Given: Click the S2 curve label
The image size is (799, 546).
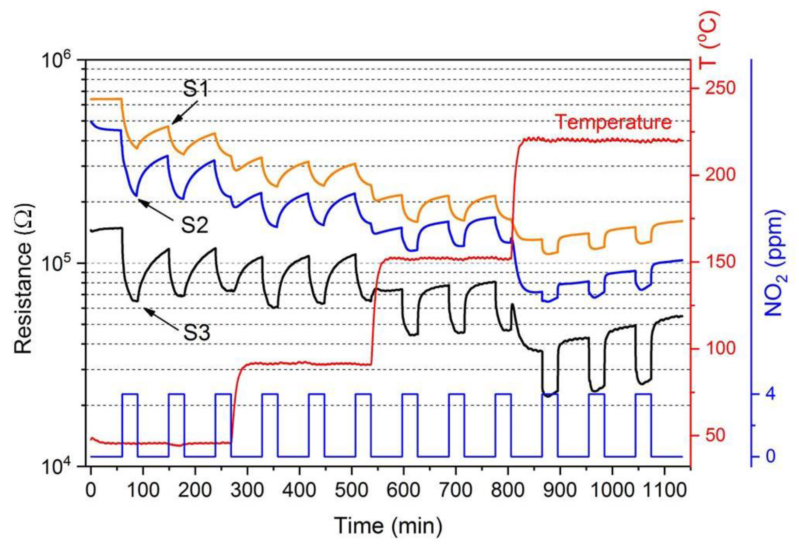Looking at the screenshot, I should [x=195, y=226].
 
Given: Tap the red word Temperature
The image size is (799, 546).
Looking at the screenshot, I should [x=613, y=122].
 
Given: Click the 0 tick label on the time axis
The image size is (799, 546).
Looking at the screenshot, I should [x=91, y=490].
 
